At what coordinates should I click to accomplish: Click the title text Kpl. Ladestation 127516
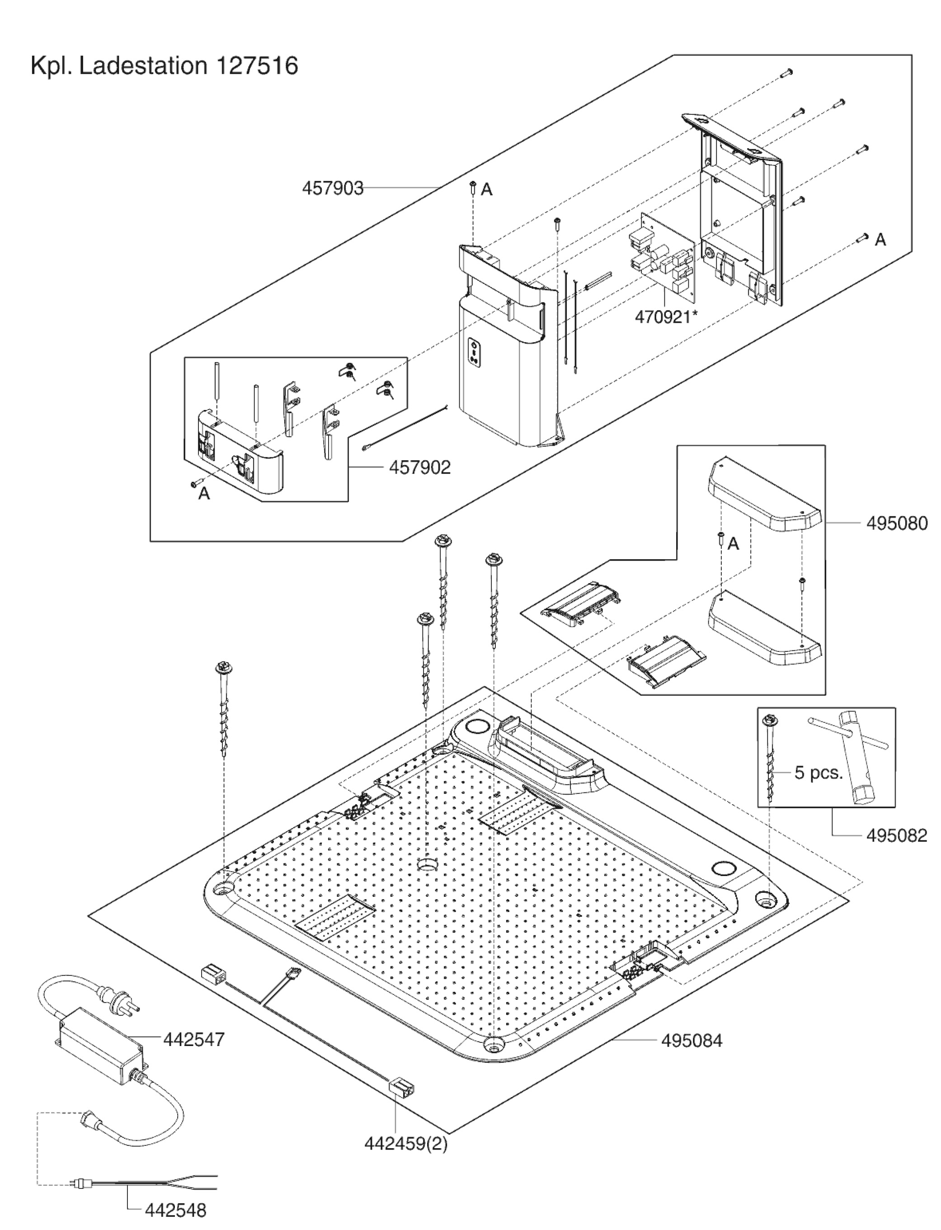click(164, 66)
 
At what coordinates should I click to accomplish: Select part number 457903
click(333, 188)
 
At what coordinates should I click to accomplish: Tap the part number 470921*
click(666, 317)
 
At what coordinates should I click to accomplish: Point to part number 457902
click(419, 467)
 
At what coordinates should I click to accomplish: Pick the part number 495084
click(692, 1041)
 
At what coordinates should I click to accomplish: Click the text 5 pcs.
click(819, 773)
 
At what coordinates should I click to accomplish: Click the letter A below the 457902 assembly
click(204, 494)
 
